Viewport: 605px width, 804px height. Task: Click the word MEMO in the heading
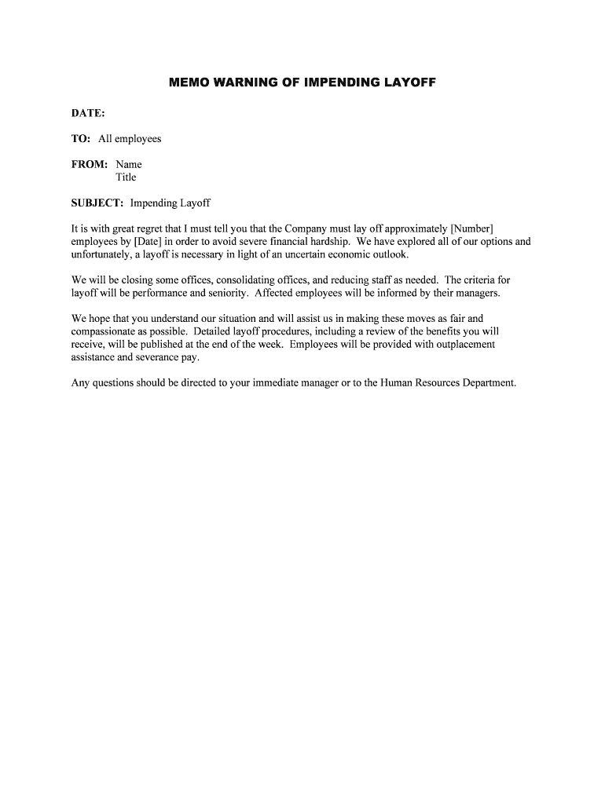coord(187,82)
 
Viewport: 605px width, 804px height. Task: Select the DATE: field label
coord(88,113)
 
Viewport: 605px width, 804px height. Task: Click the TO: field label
coord(81,139)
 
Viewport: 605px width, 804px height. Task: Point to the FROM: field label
coord(90,164)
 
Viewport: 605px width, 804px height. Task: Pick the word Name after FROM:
coord(129,164)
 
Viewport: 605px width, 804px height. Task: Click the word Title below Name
coord(126,177)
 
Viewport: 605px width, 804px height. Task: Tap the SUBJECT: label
coord(97,203)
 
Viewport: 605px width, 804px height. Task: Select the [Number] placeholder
coord(472,228)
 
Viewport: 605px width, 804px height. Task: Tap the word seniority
coord(228,293)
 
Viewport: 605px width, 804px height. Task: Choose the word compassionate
coord(103,331)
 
